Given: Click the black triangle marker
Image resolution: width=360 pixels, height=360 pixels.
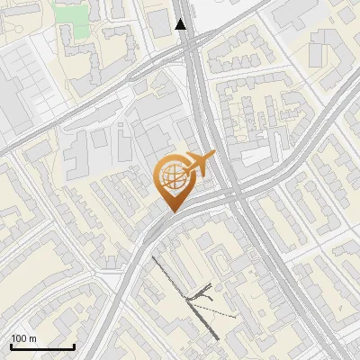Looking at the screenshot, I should click(181, 24).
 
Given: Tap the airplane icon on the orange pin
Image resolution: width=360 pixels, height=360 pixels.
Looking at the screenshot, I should click(200, 164).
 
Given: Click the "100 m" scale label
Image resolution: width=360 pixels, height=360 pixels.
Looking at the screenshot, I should click(24, 338).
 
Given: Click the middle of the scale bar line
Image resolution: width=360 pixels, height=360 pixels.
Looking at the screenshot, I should click(42, 346).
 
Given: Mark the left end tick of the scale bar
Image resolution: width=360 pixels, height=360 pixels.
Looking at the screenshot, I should click(11, 346).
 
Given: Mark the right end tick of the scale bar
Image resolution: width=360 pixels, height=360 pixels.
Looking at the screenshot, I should click(74, 346).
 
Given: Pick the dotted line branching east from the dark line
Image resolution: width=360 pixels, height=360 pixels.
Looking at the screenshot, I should click(216, 310).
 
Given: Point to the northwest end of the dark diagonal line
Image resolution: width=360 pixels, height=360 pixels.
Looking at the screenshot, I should click(152, 257).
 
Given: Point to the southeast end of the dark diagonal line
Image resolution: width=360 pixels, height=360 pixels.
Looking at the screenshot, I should click(217, 337).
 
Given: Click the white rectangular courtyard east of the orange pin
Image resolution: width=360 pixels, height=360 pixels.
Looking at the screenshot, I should click(254, 157).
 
